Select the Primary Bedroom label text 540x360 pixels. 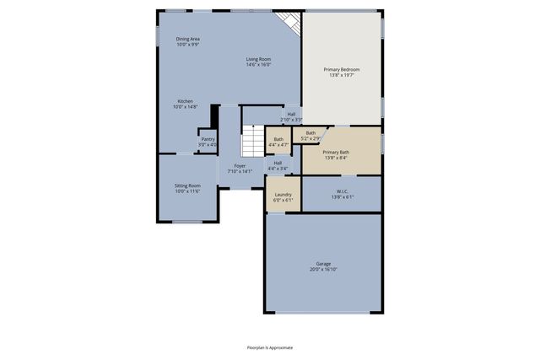pos(343,69)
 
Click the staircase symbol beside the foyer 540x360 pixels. pos(253,141)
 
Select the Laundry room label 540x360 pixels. pos(283,196)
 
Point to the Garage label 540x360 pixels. pos(324,265)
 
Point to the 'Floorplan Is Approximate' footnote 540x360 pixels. pos(270,347)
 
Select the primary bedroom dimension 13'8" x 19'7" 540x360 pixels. pos(343,74)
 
